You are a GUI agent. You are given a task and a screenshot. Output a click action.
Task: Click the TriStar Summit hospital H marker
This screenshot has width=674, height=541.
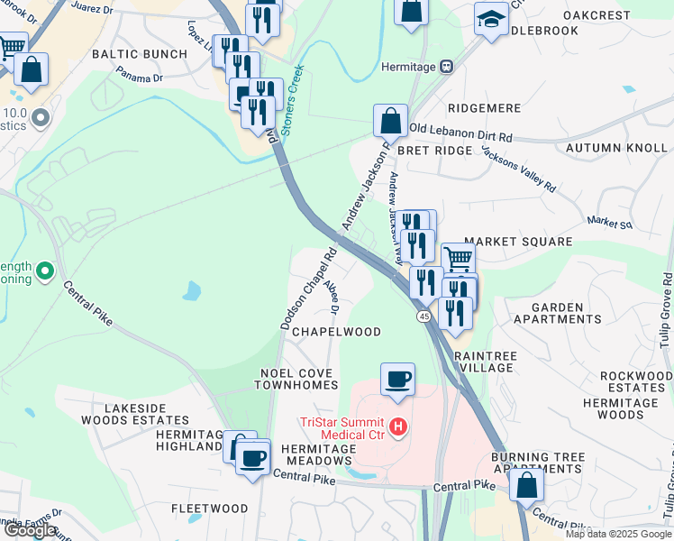tap(398, 426)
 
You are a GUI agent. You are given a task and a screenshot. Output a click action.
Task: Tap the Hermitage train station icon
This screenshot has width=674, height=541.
tap(445, 67)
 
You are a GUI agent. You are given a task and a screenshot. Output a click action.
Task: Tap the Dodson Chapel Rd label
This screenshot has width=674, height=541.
tap(308, 289)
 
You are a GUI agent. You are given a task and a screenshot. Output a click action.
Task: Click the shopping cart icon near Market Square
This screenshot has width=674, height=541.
tap(458, 259)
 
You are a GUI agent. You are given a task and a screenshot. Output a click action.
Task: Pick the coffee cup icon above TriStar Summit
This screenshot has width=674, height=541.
tap(397, 379)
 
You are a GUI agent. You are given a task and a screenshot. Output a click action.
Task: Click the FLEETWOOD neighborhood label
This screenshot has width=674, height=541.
tap(210, 509)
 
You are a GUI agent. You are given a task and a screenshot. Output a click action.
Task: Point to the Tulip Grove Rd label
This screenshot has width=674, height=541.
tap(665, 307)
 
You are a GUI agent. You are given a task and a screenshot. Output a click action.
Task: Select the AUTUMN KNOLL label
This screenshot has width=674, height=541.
tap(617, 147)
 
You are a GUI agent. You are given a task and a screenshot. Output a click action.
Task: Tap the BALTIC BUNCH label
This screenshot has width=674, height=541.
tap(140, 54)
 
